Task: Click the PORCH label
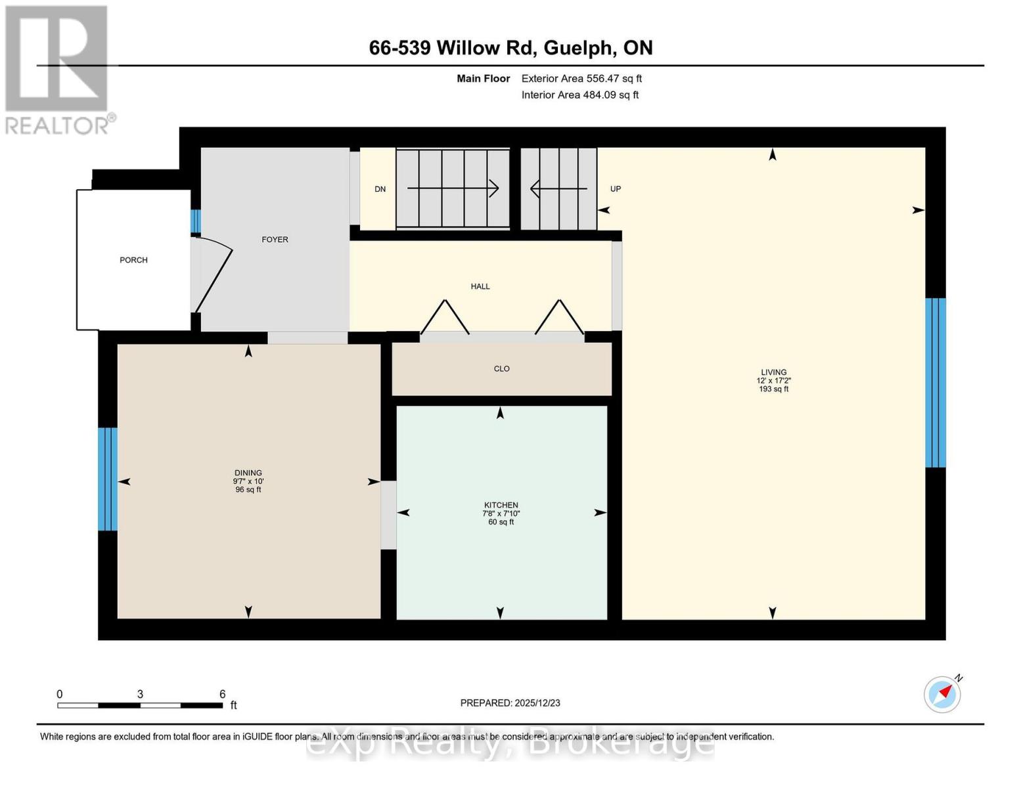click(x=133, y=260)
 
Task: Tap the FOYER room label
click(x=275, y=240)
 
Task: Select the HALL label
click(x=480, y=286)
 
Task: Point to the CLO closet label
click(x=501, y=369)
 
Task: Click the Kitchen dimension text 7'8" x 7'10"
click(x=501, y=514)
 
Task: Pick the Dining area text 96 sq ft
click(x=248, y=490)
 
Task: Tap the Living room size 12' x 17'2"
click(x=773, y=381)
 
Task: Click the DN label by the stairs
click(x=380, y=189)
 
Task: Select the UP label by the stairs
click(x=616, y=189)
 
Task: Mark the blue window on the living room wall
click(x=935, y=383)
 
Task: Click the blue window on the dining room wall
click(x=108, y=479)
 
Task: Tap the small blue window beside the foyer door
click(x=195, y=221)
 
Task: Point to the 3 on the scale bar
click(x=140, y=694)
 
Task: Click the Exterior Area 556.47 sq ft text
click(x=581, y=79)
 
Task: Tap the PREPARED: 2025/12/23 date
click(x=510, y=703)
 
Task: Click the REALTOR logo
click(x=58, y=69)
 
